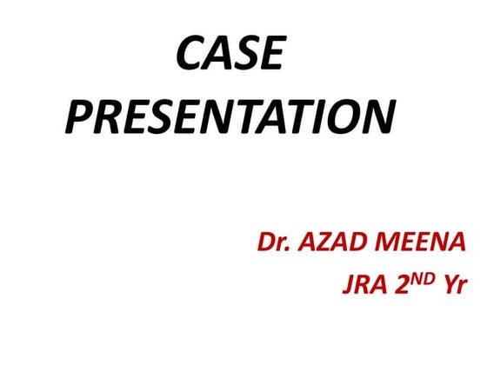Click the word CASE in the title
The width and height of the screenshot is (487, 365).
230,56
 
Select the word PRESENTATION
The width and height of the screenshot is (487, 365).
230,117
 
